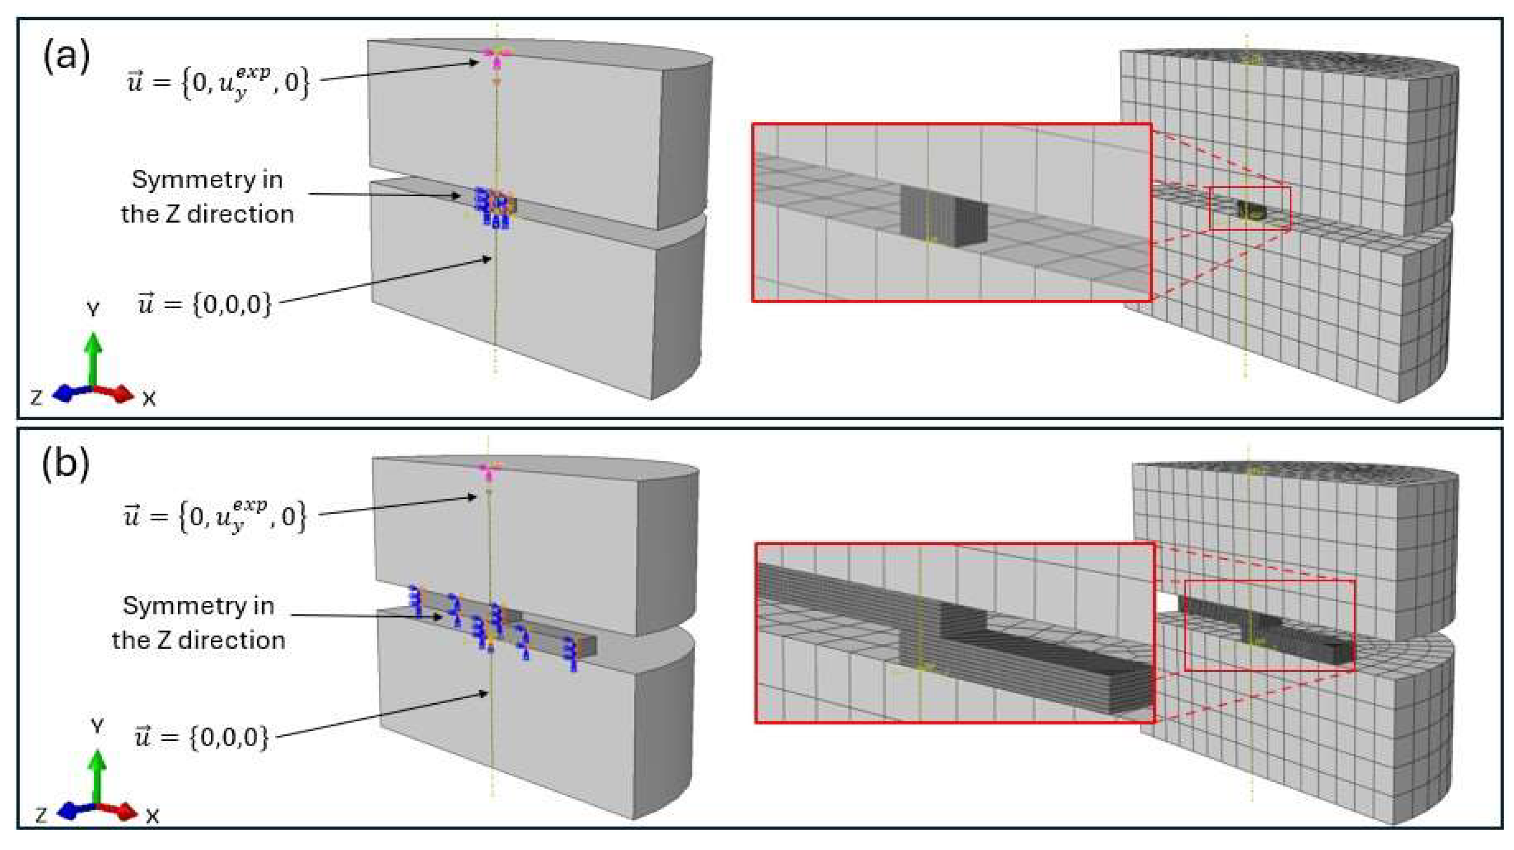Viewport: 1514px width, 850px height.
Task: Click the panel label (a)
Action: pyautogui.click(x=66, y=57)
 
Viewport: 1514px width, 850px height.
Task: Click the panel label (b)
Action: pyautogui.click(x=66, y=465)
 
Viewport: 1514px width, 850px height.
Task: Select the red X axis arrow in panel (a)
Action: pyautogui.click(x=114, y=392)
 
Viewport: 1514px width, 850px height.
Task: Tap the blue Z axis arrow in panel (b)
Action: pyautogui.click(x=76, y=811)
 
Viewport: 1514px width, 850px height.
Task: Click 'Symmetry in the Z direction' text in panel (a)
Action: pyautogui.click(x=207, y=197)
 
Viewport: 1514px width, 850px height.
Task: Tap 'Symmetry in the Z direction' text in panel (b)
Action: pyautogui.click(x=199, y=622)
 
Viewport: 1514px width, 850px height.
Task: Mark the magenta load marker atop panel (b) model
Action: pyautogui.click(x=489, y=471)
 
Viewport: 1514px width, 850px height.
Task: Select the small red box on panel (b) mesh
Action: pyautogui.click(x=1269, y=625)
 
